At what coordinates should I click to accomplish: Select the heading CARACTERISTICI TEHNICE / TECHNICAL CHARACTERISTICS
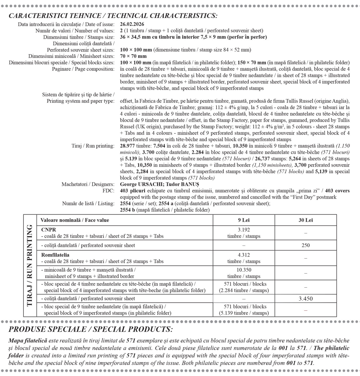click(x=113, y=16)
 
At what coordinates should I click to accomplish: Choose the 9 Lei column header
click(x=244, y=220)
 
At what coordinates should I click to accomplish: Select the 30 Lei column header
click(x=305, y=220)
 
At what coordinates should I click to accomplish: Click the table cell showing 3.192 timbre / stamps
click(x=244, y=233)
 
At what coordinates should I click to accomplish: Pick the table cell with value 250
click(x=305, y=245)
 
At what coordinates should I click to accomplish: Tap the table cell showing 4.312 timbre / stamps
click(x=244, y=258)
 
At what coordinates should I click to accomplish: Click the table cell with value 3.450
click(x=305, y=298)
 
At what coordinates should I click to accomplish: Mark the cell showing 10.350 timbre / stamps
click(x=244, y=273)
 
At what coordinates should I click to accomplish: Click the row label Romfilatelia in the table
click(x=55, y=255)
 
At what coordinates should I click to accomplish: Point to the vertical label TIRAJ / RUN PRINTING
click(x=30, y=265)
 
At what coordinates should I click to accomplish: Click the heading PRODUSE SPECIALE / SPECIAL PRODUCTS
click(x=91, y=329)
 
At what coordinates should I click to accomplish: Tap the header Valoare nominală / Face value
click(x=75, y=220)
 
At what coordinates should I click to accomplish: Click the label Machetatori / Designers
click(x=88, y=184)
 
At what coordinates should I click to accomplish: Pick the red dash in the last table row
click(x=305, y=310)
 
